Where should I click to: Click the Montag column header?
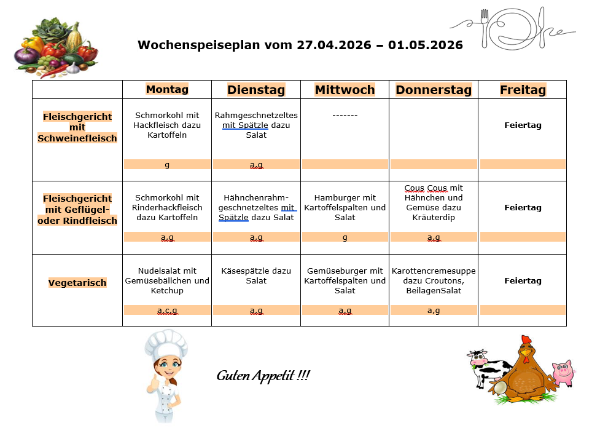(167, 89)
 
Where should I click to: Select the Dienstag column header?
(256, 90)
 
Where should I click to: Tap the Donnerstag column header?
(434, 90)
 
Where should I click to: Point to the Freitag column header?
(523, 90)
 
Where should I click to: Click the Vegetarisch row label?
(77, 283)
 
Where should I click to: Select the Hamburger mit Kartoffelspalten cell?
(345, 207)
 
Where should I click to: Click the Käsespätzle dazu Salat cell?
(256, 275)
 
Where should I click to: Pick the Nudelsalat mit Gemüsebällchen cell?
(167, 280)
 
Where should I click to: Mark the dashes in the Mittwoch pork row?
(345, 115)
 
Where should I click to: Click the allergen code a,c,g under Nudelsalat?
(167, 311)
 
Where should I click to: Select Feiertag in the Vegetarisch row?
(523, 280)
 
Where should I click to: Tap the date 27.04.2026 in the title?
(333, 45)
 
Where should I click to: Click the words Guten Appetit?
(263, 375)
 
